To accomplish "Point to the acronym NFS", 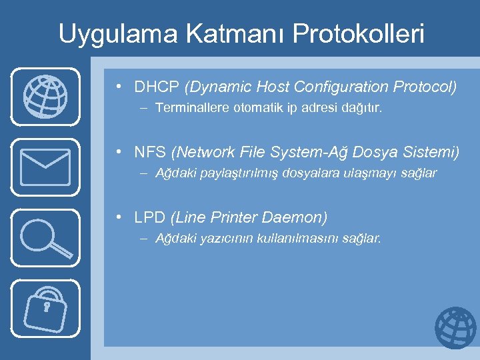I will [x=150, y=153].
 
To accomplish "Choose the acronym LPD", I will [x=150, y=217].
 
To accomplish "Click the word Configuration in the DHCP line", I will [x=345, y=87].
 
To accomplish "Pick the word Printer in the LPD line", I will [x=235, y=217].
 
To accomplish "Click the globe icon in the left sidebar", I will [x=45, y=97].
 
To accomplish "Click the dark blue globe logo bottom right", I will [x=455, y=328].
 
